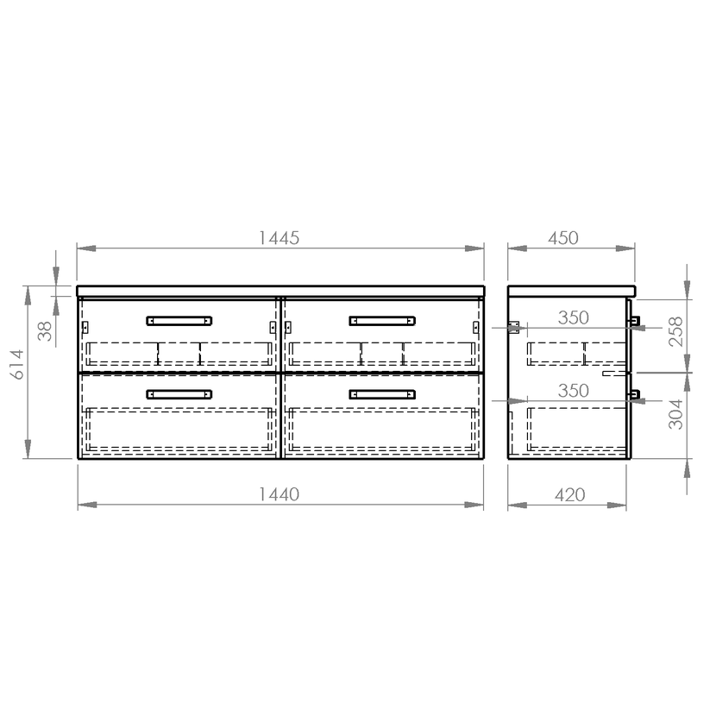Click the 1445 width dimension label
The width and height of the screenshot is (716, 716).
click(279, 238)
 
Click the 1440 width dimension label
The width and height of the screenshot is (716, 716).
click(279, 494)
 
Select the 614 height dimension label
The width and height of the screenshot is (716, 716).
click(17, 364)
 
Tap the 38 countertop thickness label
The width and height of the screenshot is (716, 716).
click(45, 331)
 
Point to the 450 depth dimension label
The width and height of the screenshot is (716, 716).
click(563, 238)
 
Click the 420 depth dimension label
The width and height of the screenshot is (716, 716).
click(570, 494)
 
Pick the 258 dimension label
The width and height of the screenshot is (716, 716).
click(675, 331)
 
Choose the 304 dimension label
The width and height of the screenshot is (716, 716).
click(675, 414)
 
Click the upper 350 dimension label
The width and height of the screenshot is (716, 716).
click(574, 317)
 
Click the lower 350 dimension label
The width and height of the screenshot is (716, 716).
click(574, 391)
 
